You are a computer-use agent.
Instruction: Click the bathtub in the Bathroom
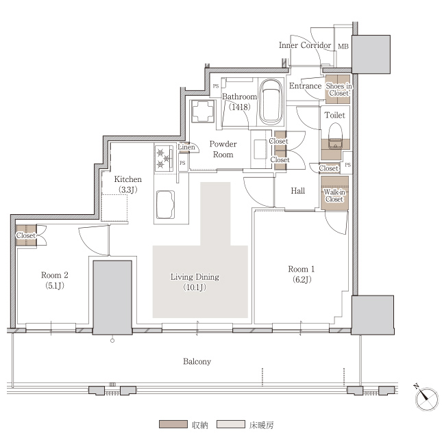pyautogui.click(x=271, y=102)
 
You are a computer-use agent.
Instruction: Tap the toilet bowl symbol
pyautogui.click(x=335, y=136)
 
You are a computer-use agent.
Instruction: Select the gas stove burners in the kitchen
pyautogui.click(x=164, y=158)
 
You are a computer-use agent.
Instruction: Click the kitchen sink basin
pyautogui.click(x=165, y=205)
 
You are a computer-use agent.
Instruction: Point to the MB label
pyautogui.click(x=343, y=47)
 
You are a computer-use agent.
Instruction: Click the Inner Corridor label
pyautogui.click(x=305, y=45)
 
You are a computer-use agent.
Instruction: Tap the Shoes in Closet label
pyautogui.click(x=339, y=90)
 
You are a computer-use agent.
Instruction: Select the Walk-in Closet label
pyautogui.click(x=334, y=196)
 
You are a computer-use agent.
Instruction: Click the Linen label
pyautogui.click(x=186, y=147)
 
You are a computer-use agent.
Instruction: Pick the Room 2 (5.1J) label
pyautogui.click(x=55, y=280)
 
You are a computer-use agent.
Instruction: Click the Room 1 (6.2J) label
pyautogui.click(x=302, y=274)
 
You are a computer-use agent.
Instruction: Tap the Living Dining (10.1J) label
pyautogui.click(x=195, y=282)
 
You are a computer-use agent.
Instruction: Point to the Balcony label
pyautogui.click(x=197, y=362)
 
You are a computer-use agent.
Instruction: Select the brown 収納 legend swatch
pyautogui.click(x=173, y=424)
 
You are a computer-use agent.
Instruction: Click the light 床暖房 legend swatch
pyautogui.click(x=231, y=424)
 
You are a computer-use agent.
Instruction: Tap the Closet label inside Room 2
pyautogui.click(x=26, y=235)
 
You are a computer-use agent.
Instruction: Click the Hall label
pyautogui.click(x=298, y=191)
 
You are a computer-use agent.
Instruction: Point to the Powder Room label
pyautogui.click(x=223, y=149)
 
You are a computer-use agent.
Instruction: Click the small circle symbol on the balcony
pyautogui.click(x=112, y=341)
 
